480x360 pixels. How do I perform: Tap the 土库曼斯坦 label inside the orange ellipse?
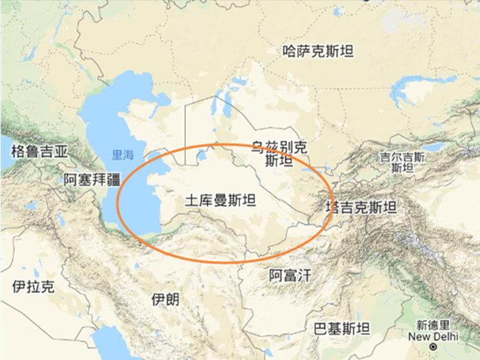click(220, 200)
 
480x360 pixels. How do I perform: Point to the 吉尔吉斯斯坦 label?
click(402, 162)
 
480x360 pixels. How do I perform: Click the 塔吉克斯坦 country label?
click(361, 207)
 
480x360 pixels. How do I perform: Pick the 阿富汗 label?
click(290, 276)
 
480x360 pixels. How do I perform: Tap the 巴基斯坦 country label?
click(341, 329)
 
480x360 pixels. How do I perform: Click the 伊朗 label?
click(165, 299)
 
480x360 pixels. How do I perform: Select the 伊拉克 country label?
click(33, 287)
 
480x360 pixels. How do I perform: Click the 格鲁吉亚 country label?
click(39, 151)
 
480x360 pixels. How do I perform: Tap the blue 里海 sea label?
click(122, 155)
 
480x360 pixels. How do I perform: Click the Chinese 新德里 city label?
click(436, 325)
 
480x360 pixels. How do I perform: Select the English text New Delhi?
click(438, 336)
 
